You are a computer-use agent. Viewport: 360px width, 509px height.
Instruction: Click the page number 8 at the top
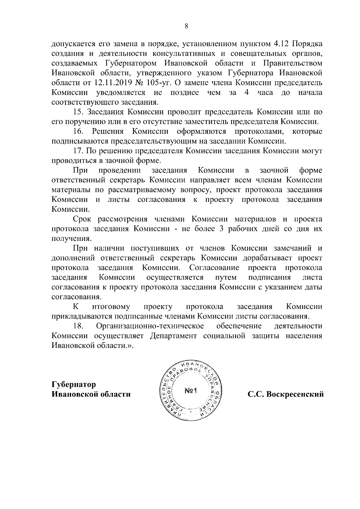point(186,26)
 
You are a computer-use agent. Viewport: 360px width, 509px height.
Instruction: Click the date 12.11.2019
point(113,83)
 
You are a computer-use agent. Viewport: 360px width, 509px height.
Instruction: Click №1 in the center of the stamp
point(190,391)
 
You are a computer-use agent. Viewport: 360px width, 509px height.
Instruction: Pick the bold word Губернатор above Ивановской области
point(74,384)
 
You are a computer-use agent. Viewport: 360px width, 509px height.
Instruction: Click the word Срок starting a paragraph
point(82,219)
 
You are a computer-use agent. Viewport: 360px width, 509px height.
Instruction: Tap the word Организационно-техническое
point(150,326)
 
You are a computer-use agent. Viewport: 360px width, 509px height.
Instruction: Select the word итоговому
point(111,307)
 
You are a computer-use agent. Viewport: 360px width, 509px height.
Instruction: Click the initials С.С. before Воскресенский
point(255,394)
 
